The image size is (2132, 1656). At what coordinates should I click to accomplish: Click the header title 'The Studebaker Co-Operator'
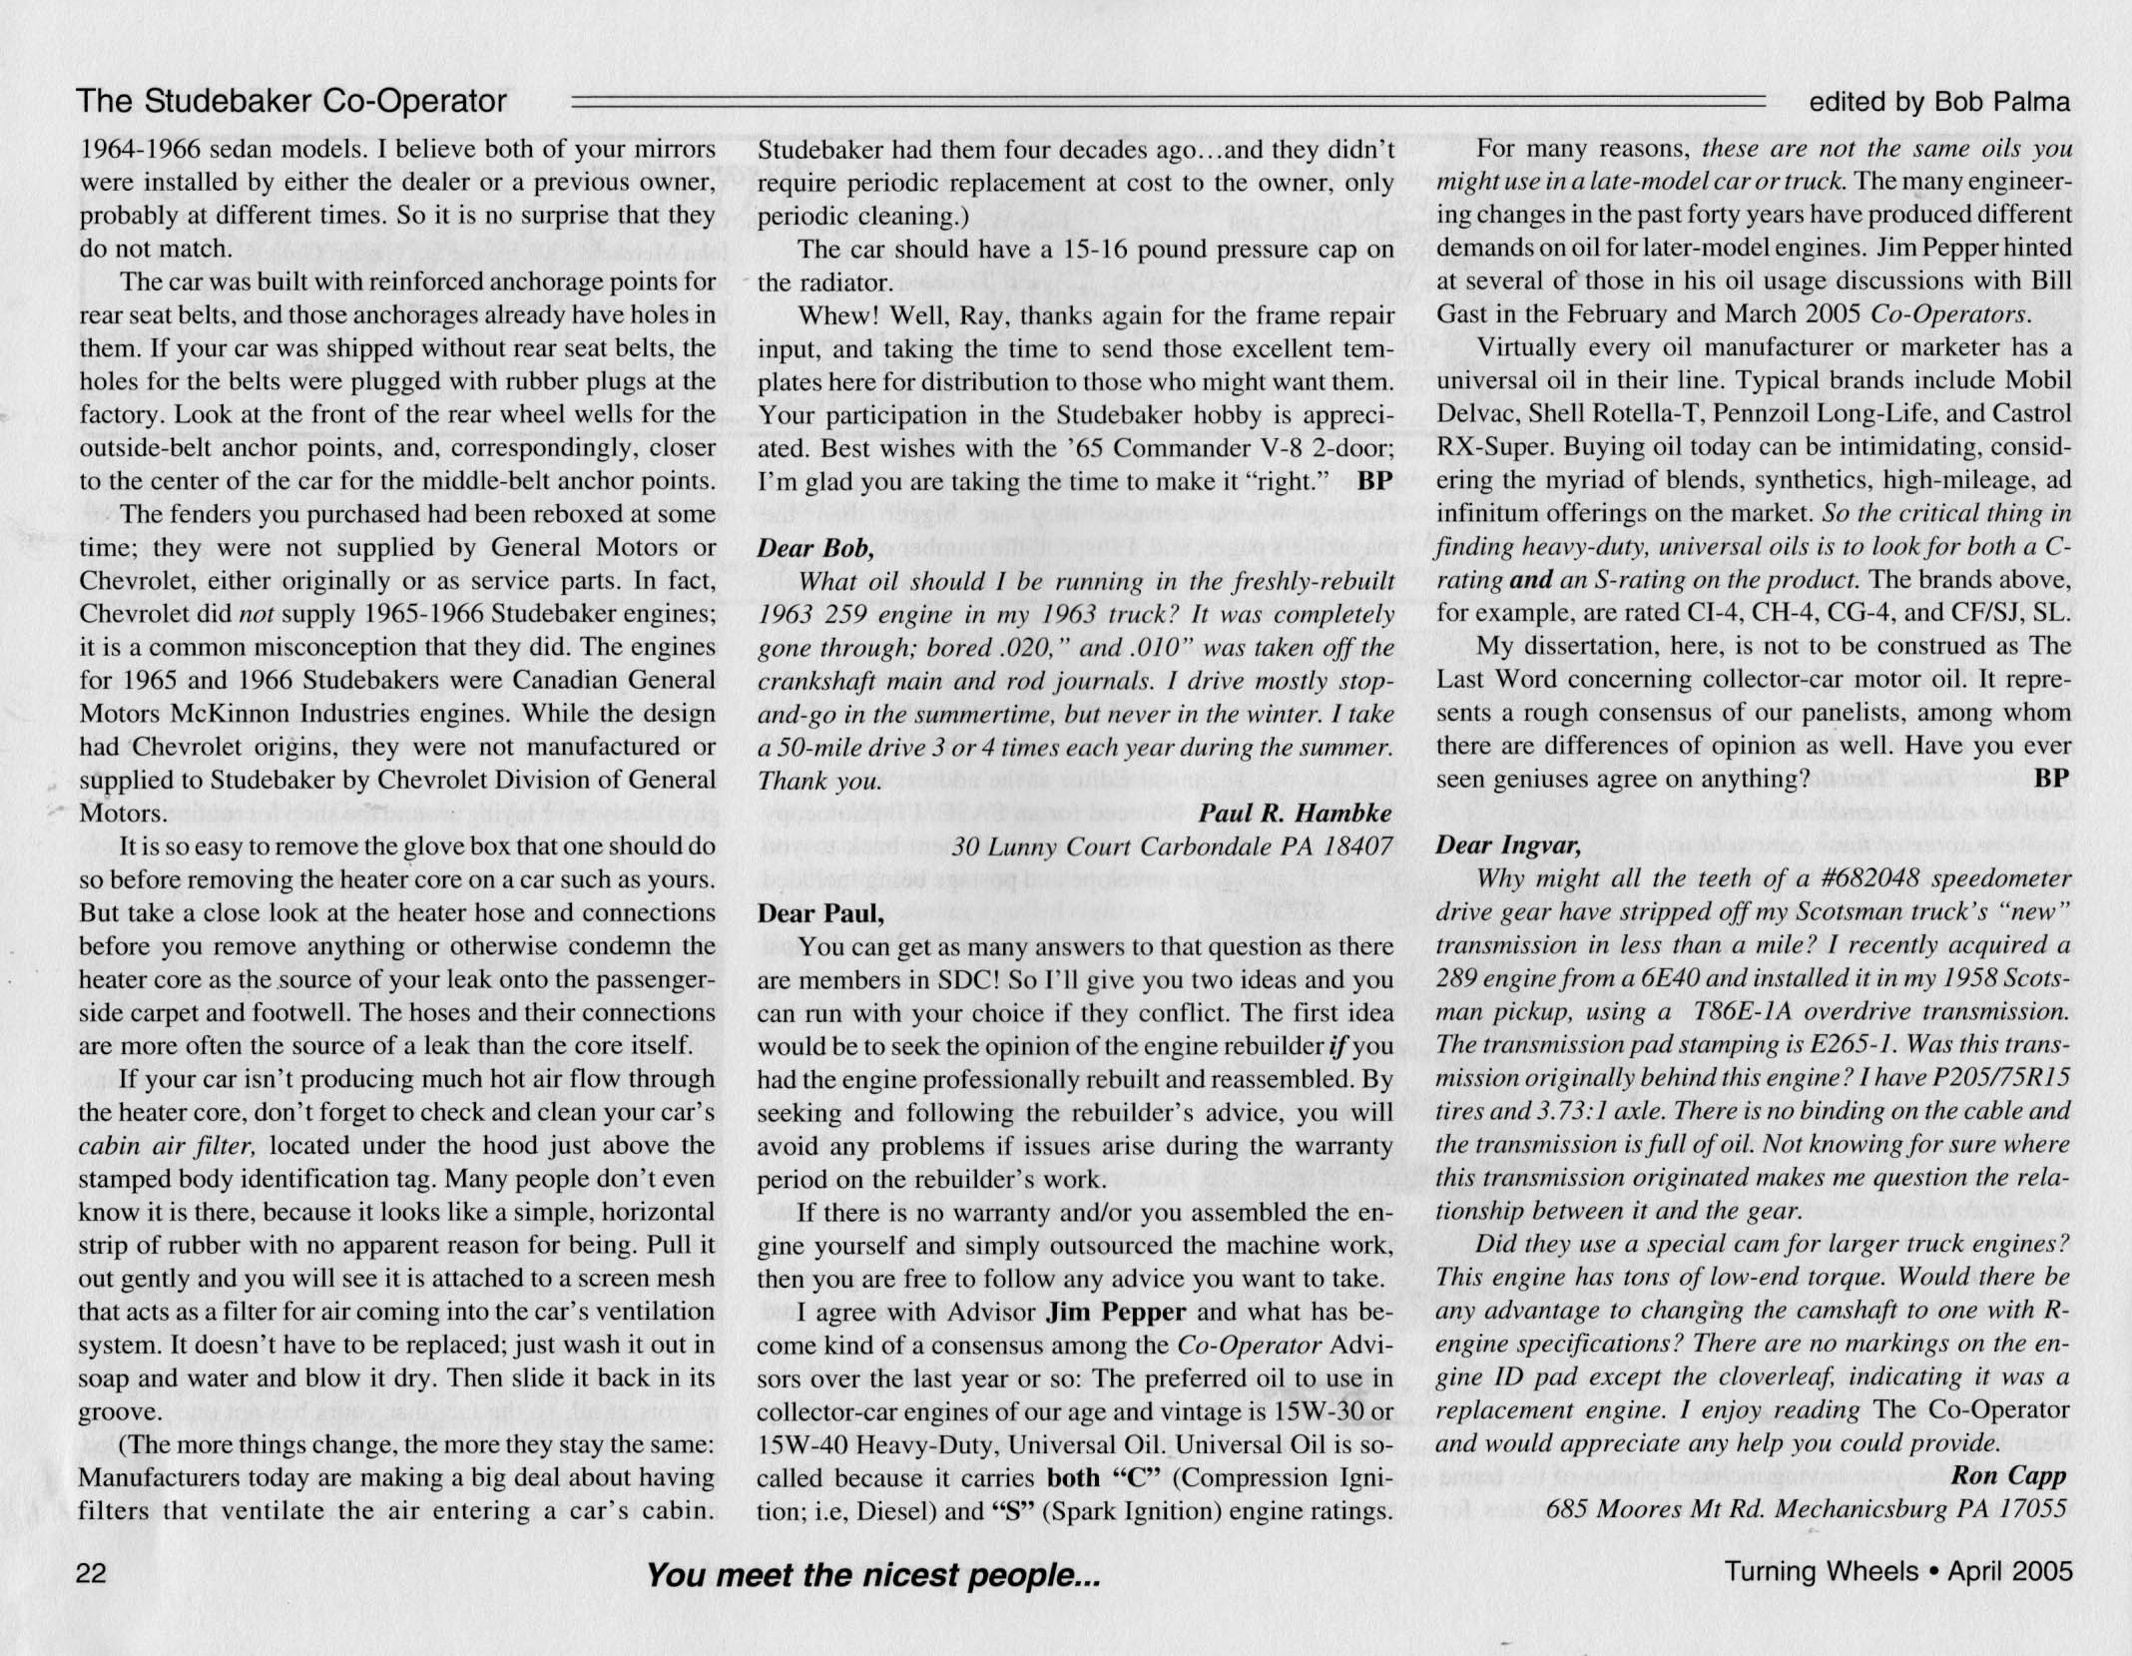pyautogui.click(x=291, y=102)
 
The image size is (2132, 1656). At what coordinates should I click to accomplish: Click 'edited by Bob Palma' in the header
pyautogui.click(x=1939, y=102)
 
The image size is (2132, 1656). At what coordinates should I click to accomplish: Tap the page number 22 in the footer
pyautogui.click(x=92, y=1572)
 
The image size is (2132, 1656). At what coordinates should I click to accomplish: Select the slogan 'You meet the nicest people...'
pyautogui.click(x=872, y=1576)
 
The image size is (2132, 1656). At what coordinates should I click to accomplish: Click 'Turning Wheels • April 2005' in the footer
pyautogui.click(x=1897, y=1571)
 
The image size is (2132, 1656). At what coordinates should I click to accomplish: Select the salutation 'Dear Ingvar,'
pyautogui.click(x=1507, y=845)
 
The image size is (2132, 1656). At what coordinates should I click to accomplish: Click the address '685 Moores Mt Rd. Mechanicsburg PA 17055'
pyautogui.click(x=1806, y=1508)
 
